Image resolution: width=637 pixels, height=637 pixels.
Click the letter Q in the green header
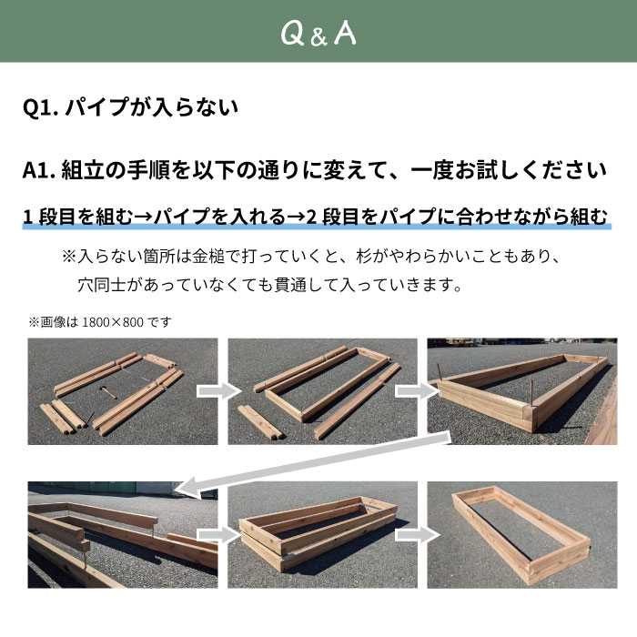292,33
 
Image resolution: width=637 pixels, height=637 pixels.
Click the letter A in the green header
345,33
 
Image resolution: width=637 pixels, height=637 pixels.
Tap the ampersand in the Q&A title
318,37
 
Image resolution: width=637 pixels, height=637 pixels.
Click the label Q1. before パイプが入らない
40,107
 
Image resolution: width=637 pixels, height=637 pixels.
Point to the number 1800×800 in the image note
113,322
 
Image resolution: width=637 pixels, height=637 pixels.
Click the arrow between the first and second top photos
219,391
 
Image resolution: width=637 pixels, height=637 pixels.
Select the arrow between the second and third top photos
418,391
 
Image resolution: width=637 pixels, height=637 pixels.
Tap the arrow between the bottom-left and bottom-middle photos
219,535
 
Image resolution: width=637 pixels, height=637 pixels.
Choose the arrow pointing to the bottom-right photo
418,535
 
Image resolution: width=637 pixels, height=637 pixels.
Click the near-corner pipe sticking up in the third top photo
531,393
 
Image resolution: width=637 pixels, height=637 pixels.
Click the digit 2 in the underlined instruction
311,217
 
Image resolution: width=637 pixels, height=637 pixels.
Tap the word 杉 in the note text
364,257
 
